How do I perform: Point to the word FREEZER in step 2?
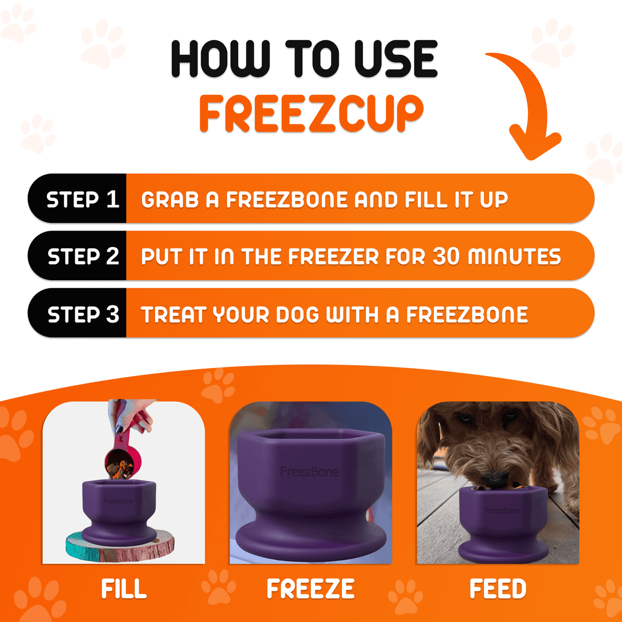(330, 256)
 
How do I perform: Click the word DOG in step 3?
(297, 314)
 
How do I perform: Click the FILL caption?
(124, 589)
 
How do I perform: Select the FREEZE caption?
(310, 589)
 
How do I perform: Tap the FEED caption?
(498, 589)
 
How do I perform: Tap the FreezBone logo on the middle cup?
(309, 472)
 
